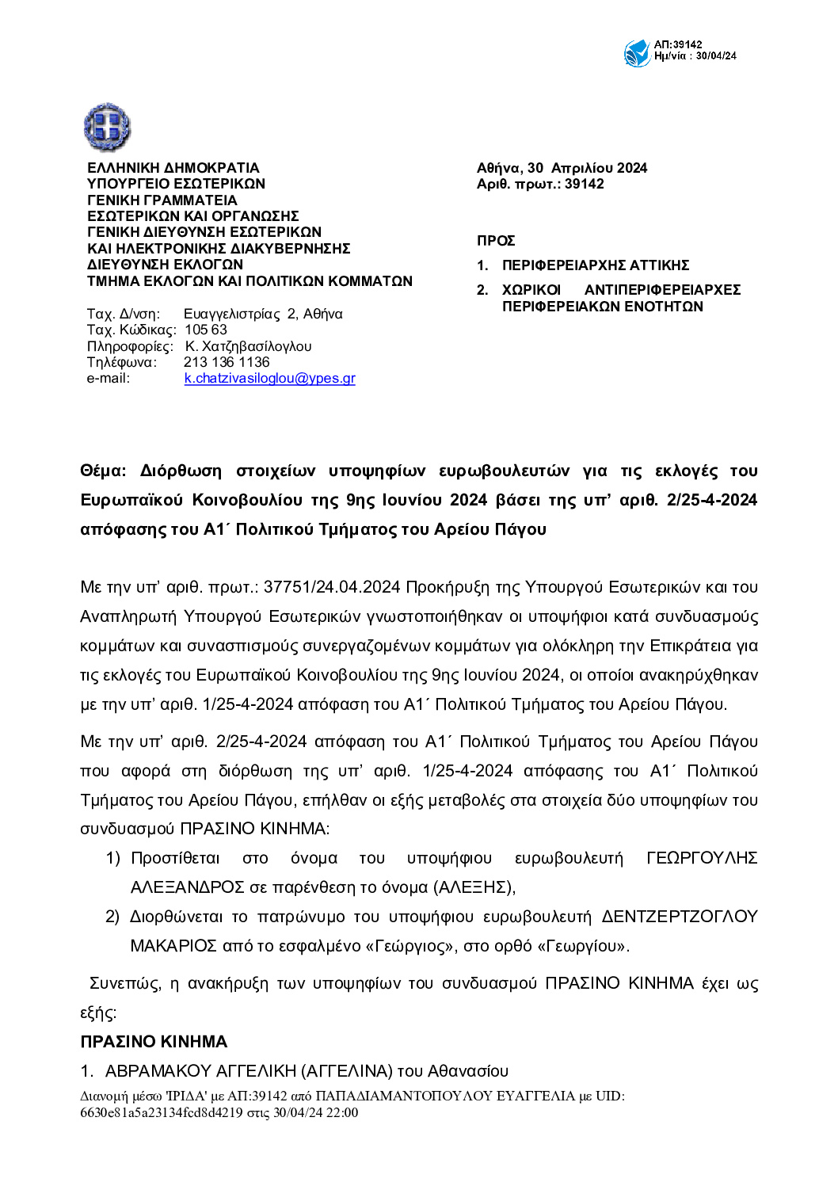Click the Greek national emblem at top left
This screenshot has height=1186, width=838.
click(107, 127)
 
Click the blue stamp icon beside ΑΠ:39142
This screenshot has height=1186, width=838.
click(637, 53)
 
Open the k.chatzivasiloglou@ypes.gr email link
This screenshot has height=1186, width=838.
click(269, 379)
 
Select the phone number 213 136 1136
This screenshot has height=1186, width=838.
click(227, 362)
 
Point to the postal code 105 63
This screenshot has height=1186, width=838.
click(206, 330)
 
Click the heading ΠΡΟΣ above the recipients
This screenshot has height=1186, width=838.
click(496, 241)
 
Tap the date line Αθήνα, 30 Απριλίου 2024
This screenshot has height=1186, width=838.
click(562, 168)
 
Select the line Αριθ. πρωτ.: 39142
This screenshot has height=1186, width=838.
click(540, 184)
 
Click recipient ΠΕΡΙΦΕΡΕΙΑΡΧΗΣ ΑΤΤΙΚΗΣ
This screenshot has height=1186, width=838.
click(596, 265)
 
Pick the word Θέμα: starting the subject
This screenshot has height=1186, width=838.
click(103, 471)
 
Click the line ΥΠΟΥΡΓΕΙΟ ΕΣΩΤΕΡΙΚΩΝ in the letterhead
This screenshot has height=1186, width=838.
click(176, 184)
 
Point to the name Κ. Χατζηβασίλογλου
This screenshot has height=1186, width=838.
click(248, 346)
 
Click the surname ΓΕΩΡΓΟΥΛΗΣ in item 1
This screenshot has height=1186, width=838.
click(702, 858)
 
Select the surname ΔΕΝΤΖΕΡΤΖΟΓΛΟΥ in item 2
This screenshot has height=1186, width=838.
click(680, 917)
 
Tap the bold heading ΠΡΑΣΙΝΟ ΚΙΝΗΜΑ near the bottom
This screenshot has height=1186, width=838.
click(154, 1042)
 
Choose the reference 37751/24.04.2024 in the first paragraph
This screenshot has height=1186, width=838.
click(332, 587)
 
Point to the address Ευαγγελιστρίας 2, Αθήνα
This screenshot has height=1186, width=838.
click(263, 314)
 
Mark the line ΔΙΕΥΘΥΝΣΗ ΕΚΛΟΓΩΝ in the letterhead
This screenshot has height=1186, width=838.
click(165, 265)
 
